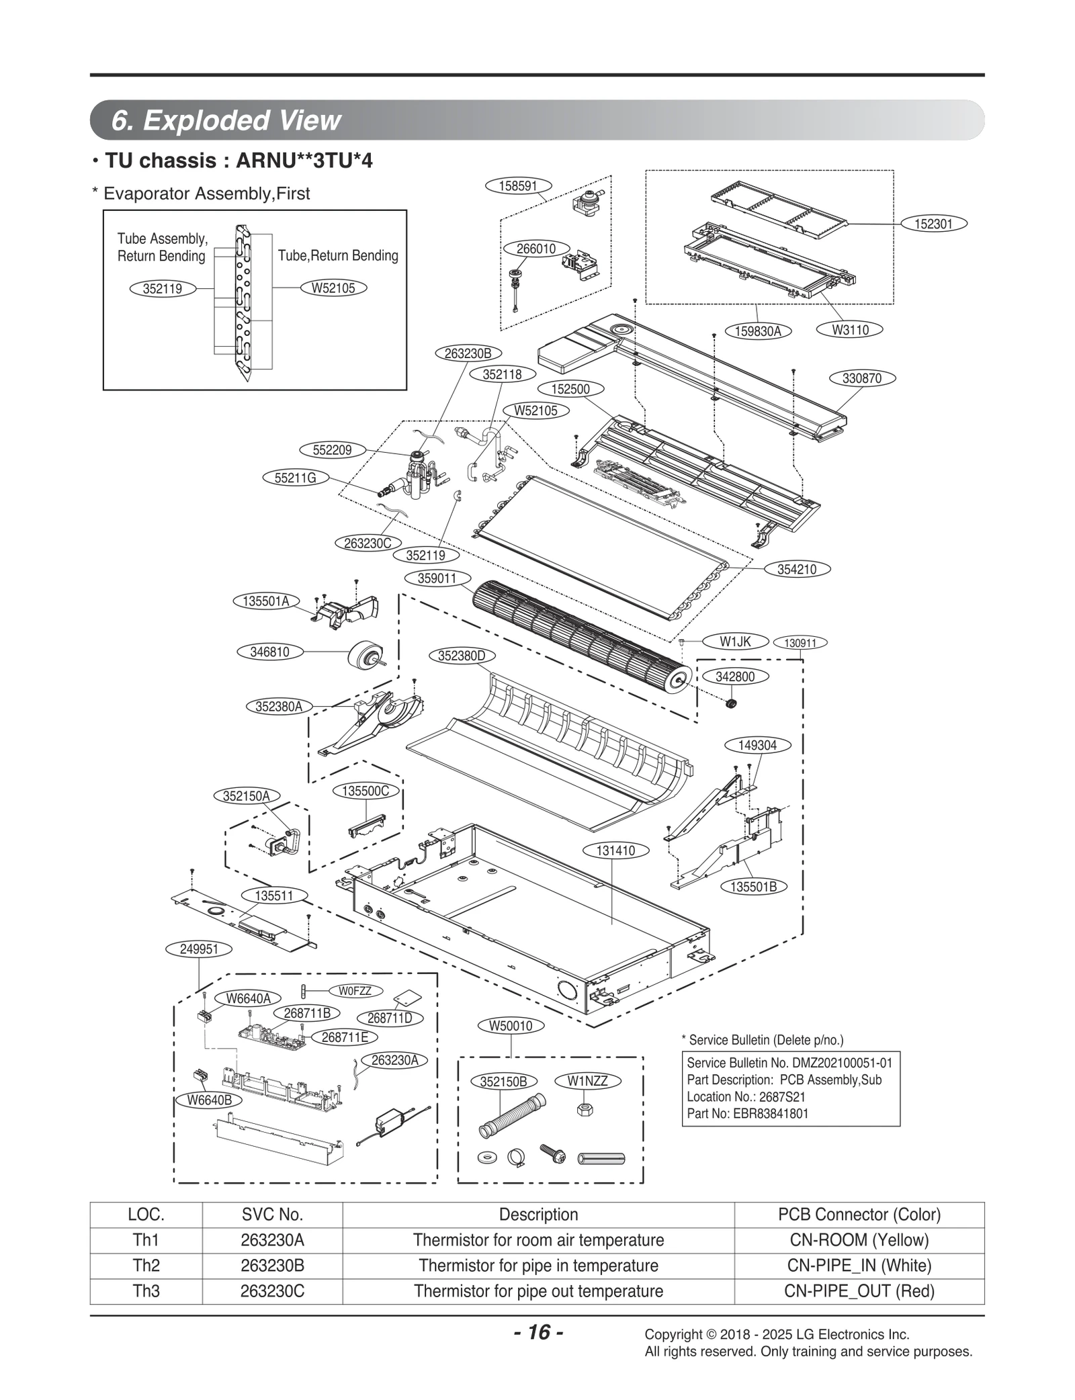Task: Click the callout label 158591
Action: click(517, 186)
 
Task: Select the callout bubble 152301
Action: click(933, 224)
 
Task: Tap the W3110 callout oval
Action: click(850, 330)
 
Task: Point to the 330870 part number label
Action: click(861, 378)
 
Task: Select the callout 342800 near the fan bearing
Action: click(735, 676)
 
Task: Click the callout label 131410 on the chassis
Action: click(615, 850)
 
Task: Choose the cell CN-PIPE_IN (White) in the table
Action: click(859, 1266)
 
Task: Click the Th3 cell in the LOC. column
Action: click(146, 1291)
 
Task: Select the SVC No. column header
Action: click(272, 1215)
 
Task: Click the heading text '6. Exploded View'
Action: click(226, 120)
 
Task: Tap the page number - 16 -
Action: click(537, 1332)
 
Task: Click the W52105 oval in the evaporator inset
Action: click(333, 288)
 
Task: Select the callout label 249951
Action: click(199, 949)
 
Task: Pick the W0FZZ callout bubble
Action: click(355, 991)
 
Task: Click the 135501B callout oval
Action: click(753, 887)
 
